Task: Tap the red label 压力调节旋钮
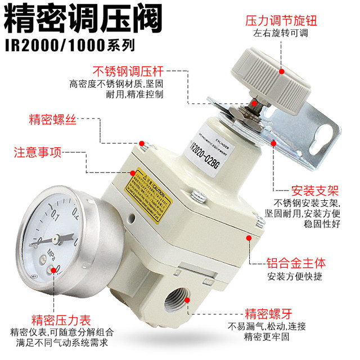tap(288, 21)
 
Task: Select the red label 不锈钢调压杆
tap(128, 71)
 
